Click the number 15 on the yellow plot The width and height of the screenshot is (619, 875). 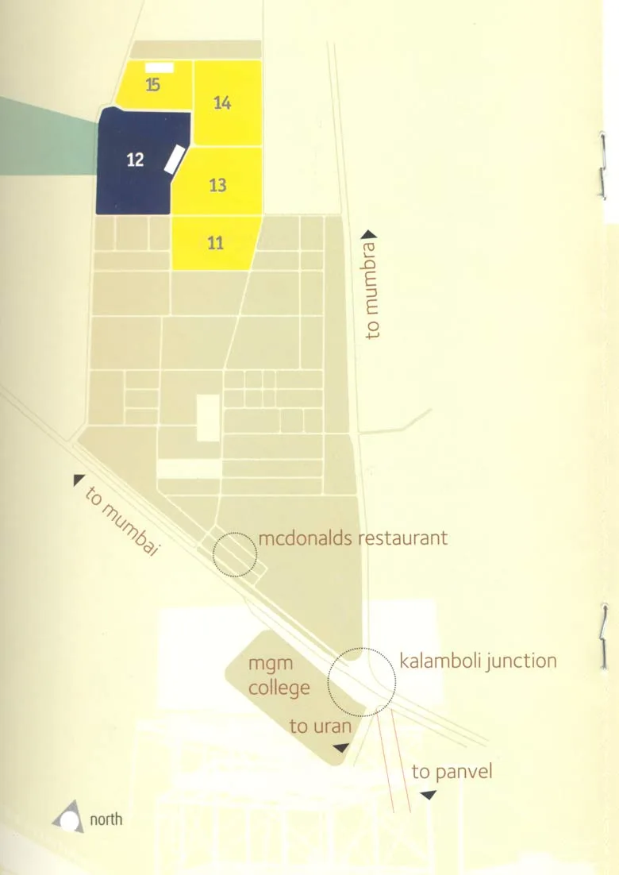click(x=152, y=86)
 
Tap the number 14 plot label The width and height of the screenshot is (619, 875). click(x=222, y=102)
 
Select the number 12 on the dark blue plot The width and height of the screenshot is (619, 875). click(x=135, y=160)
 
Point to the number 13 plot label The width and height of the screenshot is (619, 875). click(x=217, y=185)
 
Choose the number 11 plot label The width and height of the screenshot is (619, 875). click(x=215, y=243)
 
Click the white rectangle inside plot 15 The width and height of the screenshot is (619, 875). click(x=160, y=68)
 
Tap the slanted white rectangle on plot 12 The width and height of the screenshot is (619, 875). click(x=174, y=159)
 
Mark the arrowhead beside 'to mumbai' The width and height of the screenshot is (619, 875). click(x=79, y=480)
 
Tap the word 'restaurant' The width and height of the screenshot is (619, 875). click(x=403, y=538)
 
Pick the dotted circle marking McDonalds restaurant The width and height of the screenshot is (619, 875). click(x=236, y=554)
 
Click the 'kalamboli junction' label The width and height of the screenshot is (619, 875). click(x=478, y=661)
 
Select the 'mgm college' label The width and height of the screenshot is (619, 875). click(x=279, y=676)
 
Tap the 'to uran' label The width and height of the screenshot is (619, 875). click(x=320, y=726)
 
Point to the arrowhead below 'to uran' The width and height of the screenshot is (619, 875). click(x=340, y=748)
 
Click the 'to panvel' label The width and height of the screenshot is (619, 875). click(x=452, y=771)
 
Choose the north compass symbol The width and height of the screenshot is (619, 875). click(x=68, y=817)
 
